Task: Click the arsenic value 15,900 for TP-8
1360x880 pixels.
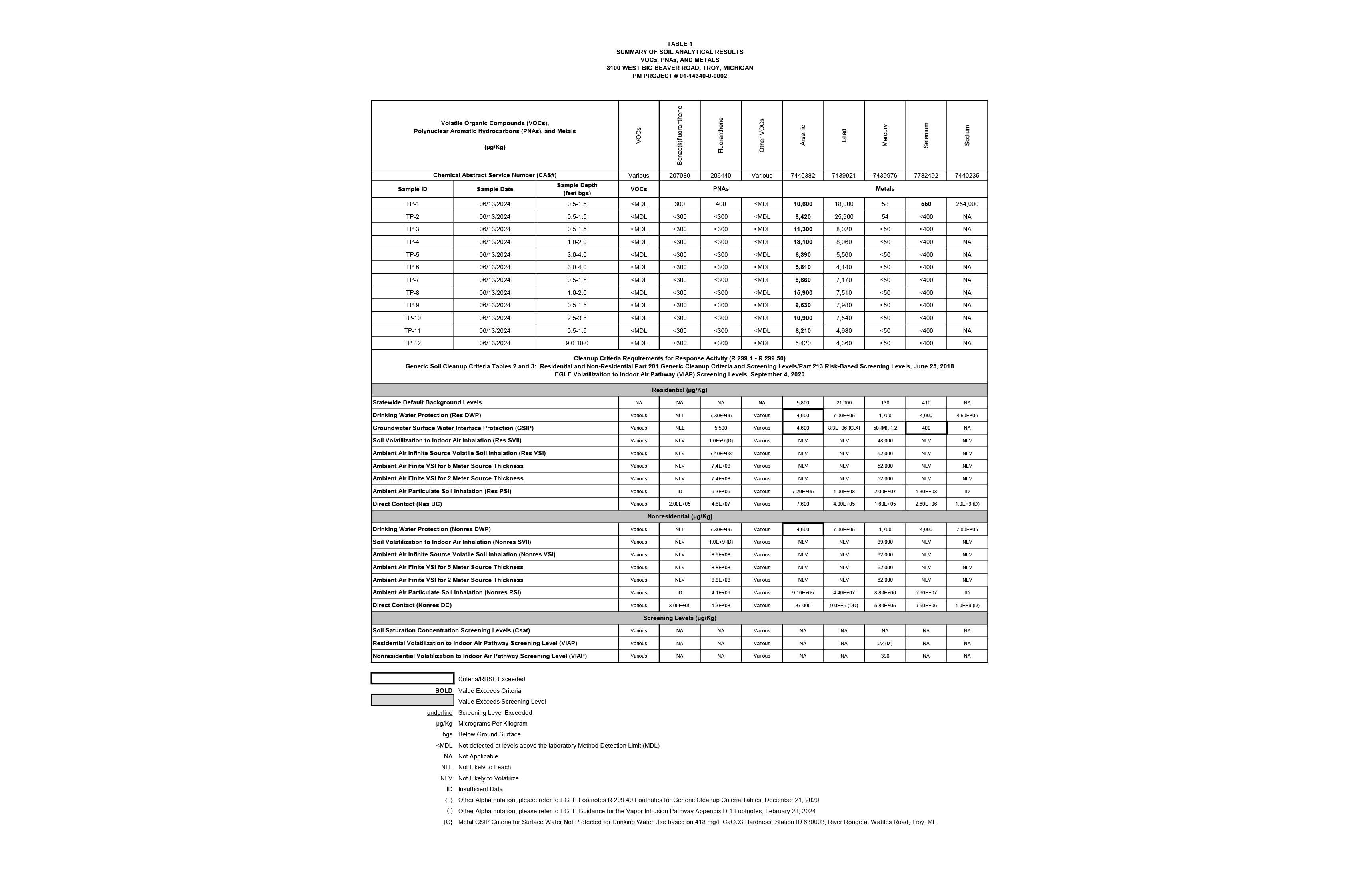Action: coord(802,292)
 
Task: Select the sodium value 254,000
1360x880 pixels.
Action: coord(967,204)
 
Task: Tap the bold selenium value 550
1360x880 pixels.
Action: coord(926,204)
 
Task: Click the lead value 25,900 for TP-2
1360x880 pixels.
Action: coord(844,216)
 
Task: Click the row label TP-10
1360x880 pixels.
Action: coord(412,318)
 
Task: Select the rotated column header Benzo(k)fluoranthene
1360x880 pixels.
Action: coord(680,136)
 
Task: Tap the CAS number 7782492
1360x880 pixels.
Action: coord(926,176)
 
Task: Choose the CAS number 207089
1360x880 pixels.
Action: coord(680,176)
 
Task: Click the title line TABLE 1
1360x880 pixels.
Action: coord(680,44)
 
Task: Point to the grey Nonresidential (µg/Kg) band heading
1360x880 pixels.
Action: coord(680,516)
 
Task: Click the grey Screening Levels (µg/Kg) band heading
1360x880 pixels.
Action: coord(680,618)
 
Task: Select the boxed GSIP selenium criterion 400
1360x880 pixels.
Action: coord(926,428)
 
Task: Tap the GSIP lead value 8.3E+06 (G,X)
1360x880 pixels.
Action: coord(844,428)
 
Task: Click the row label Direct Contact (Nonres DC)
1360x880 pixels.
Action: coord(412,605)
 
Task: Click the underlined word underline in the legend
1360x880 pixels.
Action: coord(440,712)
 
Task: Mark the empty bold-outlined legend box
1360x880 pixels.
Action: coord(412,678)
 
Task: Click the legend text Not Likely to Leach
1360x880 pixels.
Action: coord(484,768)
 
